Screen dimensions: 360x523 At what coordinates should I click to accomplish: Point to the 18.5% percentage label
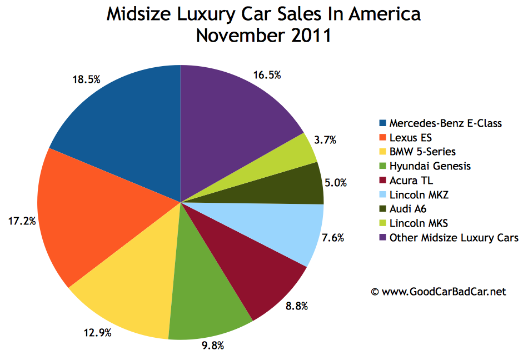point(86,79)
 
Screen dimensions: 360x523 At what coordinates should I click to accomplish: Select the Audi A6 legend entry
point(409,209)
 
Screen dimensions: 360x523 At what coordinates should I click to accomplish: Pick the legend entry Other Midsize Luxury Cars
point(454,238)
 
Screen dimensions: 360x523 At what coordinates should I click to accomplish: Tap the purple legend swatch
point(383,238)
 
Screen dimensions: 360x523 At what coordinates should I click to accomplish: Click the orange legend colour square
point(383,137)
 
